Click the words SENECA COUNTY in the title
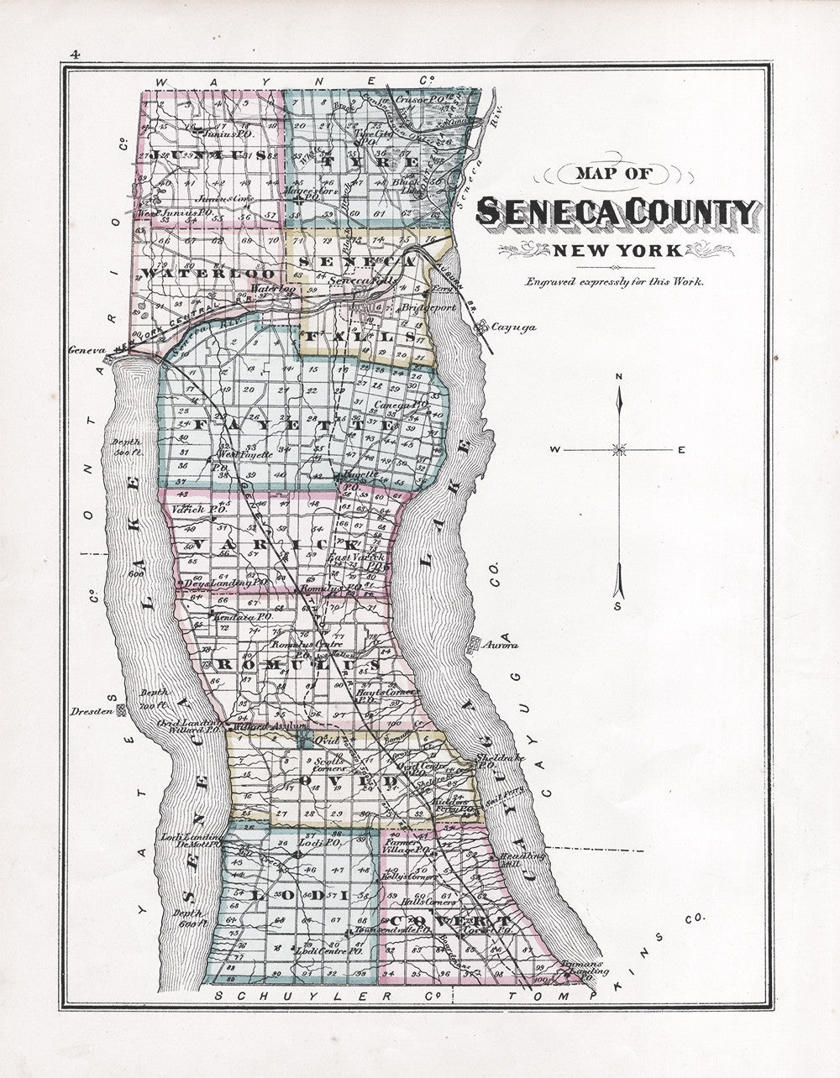tap(617, 213)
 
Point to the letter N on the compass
tap(619, 376)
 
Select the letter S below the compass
tap(618, 605)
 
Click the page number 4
tap(75, 55)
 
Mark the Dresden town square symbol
tap(121, 710)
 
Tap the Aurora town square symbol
tap(474, 645)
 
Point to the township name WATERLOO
tap(208, 275)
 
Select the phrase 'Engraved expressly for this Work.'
tap(615, 281)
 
